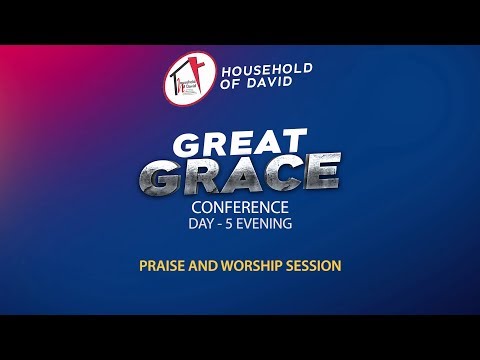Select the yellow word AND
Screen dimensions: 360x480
(x=201, y=266)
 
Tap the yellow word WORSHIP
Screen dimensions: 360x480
(x=247, y=266)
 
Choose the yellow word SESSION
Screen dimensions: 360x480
(x=312, y=266)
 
